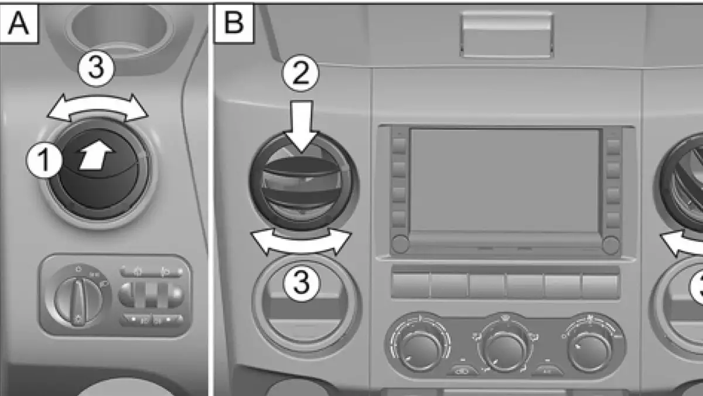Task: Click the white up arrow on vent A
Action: coord(96,158)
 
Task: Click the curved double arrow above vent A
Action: coord(97,109)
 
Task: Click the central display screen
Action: coord(504,181)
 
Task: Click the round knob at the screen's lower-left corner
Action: coord(401,244)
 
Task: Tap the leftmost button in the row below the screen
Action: coord(410,285)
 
